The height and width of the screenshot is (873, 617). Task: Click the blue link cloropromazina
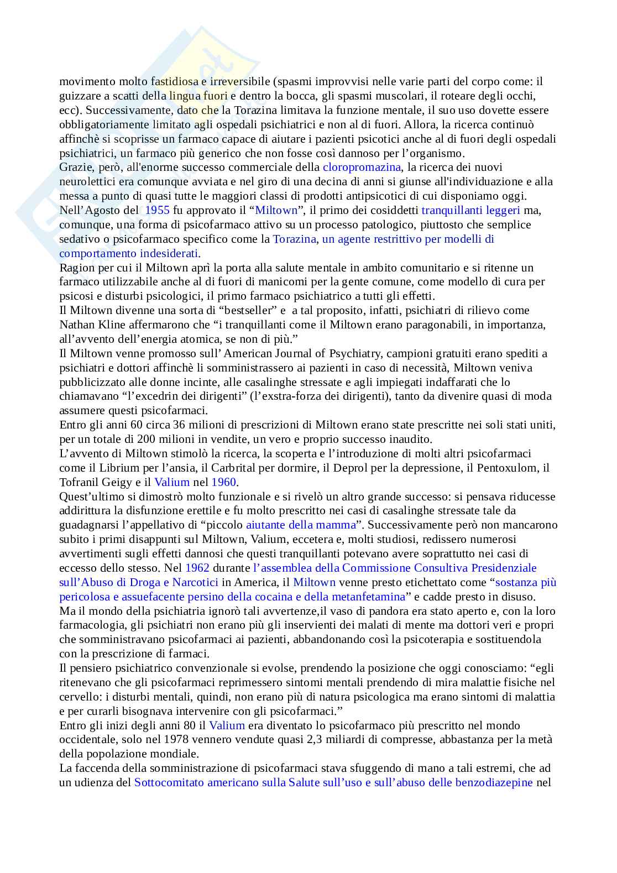pyautogui.click(x=362, y=167)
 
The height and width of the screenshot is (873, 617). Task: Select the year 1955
pyautogui.click(x=157, y=210)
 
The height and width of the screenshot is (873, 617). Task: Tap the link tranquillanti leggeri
pyautogui.click(x=470, y=210)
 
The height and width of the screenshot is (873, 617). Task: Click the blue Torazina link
pyautogui.click(x=295, y=239)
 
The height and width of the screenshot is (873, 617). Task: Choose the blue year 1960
pyautogui.click(x=223, y=482)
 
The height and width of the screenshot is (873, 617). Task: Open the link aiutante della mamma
pyautogui.click(x=301, y=525)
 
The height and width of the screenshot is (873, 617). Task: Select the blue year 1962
pyautogui.click(x=197, y=568)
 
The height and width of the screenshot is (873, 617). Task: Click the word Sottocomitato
pyautogui.click(x=169, y=782)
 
